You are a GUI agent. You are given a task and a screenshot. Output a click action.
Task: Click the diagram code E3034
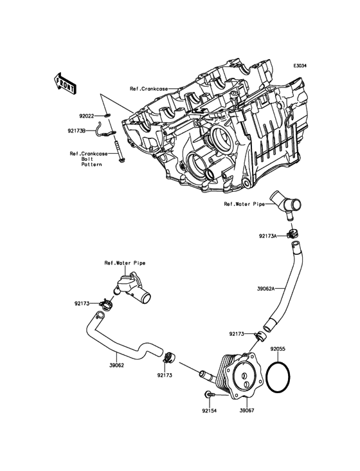(x=300, y=66)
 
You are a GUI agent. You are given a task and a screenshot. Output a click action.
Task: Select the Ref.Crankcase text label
(x=144, y=89)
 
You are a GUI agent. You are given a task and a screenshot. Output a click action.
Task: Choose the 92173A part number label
(x=269, y=236)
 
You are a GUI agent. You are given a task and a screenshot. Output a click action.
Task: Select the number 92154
(x=209, y=409)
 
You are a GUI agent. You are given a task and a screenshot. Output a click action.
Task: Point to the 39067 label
(x=248, y=409)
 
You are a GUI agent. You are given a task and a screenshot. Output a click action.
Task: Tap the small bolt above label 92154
(x=210, y=394)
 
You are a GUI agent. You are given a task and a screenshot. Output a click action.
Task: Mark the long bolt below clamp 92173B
(x=119, y=149)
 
